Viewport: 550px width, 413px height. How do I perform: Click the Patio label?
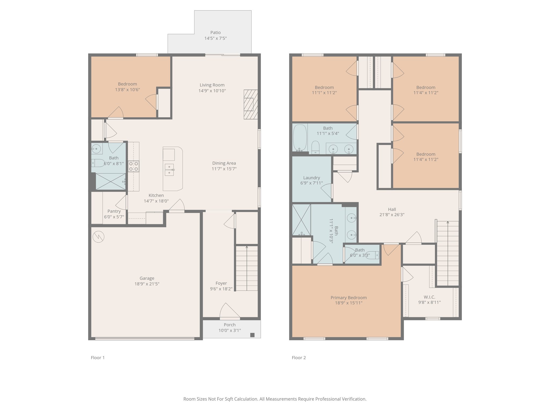[x=215, y=33]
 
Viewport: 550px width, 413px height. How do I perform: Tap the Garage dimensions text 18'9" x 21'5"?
[x=147, y=284]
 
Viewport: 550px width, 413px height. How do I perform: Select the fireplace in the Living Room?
[x=251, y=104]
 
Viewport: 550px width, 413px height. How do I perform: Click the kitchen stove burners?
[x=133, y=166]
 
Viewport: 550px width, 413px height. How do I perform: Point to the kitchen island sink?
[x=169, y=170]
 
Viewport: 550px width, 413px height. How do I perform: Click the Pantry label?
[x=114, y=211]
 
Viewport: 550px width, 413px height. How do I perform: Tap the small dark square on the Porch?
[x=252, y=335]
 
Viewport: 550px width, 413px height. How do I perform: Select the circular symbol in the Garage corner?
[x=98, y=237]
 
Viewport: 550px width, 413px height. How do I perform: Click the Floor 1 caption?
[x=98, y=358]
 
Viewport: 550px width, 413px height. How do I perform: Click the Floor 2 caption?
[x=299, y=358]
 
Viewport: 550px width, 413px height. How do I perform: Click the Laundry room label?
[x=312, y=178]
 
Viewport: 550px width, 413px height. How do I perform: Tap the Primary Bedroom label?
[x=349, y=298]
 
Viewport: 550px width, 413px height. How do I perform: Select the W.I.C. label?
[x=429, y=297]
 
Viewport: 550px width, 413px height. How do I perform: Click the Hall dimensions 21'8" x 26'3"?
[x=392, y=215]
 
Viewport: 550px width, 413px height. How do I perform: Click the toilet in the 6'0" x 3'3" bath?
[x=372, y=255]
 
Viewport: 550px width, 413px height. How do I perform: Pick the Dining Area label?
[x=224, y=163]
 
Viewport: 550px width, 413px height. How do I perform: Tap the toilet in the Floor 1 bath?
[x=98, y=163]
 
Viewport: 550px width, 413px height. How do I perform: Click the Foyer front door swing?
[x=230, y=310]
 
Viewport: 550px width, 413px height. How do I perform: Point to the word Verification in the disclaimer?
[x=354, y=399]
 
